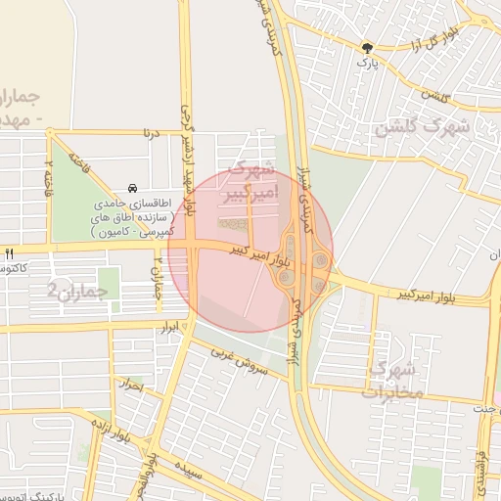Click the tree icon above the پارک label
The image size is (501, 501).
(x=367, y=46)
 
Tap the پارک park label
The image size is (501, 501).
(x=367, y=63)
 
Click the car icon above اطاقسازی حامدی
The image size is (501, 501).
(x=132, y=189)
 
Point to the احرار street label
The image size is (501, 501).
(x=134, y=387)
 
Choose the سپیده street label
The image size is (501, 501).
(x=190, y=470)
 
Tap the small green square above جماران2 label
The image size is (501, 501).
(x=108, y=283)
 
